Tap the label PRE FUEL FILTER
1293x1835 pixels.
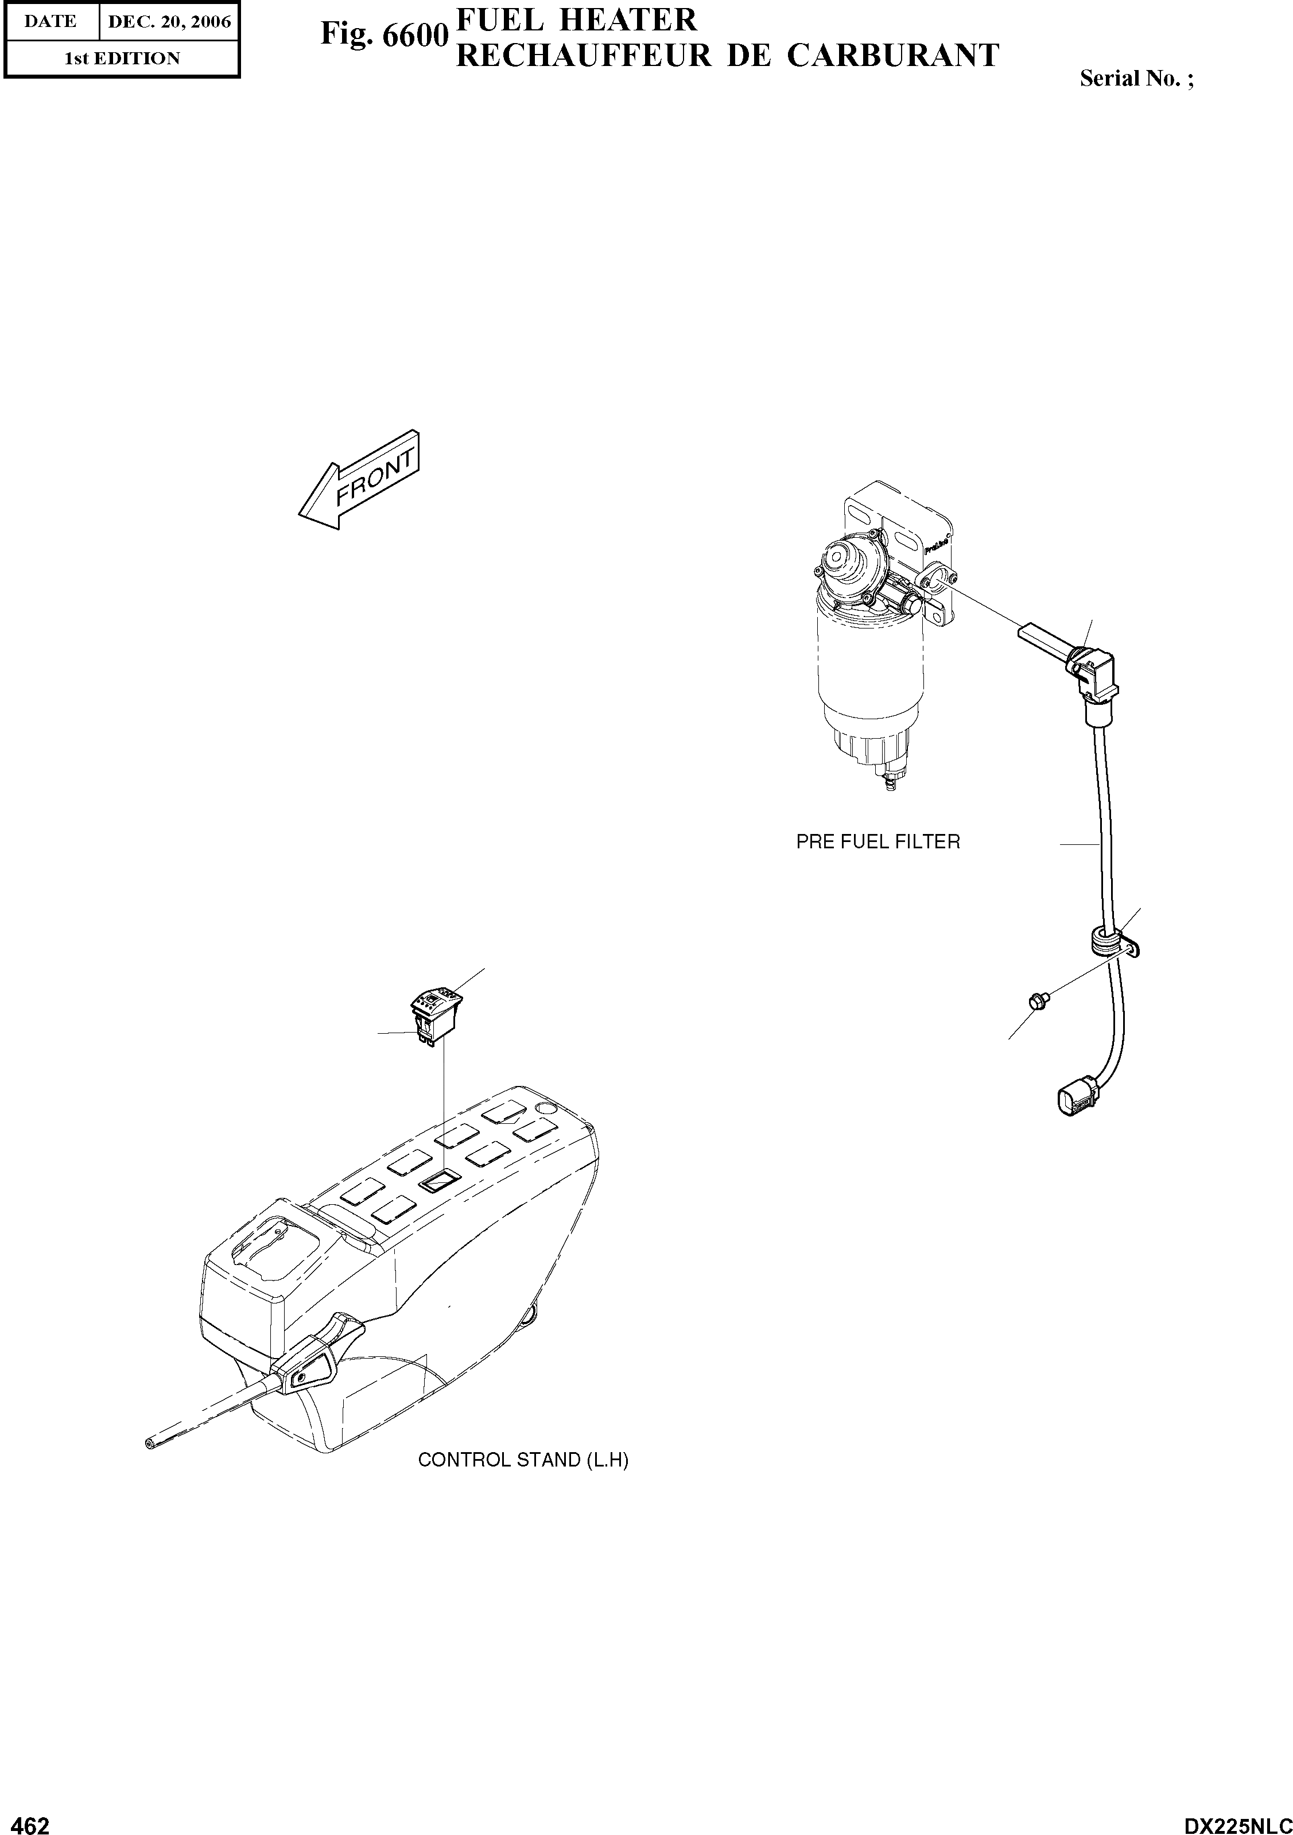(x=877, y=841)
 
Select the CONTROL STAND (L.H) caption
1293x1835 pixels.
(x=523, y=1460)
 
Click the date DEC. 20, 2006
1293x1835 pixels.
(x=169, y=22)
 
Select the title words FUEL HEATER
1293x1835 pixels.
(x=576, y=19)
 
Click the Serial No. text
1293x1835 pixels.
(x=1136, y=78)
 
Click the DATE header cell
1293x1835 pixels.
(x=51, y=22)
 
